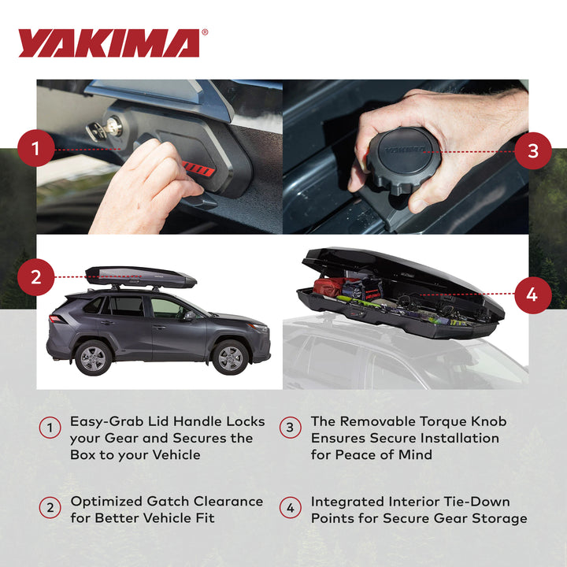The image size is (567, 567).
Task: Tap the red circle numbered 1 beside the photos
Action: point(36,148)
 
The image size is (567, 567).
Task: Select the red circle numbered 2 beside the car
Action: point(36,277)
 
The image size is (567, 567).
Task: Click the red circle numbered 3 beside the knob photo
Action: point(533,150)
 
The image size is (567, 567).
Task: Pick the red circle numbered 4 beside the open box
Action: point(533,296)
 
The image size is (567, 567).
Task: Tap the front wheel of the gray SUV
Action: point(230,358)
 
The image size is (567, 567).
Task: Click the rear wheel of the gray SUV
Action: point(94,358)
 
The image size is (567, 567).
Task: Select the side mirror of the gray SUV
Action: point(189,315)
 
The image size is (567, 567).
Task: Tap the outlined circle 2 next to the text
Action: point(50,508)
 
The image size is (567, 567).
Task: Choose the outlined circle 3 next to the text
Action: point(291,428)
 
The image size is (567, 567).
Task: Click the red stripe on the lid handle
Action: point(193,168)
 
